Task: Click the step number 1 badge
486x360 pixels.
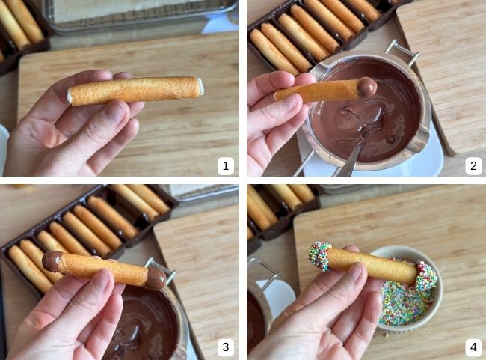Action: pos(225,166)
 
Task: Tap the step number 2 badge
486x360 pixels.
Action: pos(473,166)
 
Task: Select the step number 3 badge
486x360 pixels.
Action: pos(225,347)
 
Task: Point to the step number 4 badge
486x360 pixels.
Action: pos(473,347)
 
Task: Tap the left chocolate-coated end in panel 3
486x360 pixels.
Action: pos(52,261)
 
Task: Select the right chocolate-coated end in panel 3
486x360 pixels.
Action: pos(156,278)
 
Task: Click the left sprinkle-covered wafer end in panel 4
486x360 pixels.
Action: pos(320,257)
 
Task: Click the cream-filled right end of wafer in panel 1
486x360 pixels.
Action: pos(200,86)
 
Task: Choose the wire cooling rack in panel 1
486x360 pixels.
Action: pos(140,16)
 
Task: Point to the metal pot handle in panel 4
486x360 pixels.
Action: pos(265,273)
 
